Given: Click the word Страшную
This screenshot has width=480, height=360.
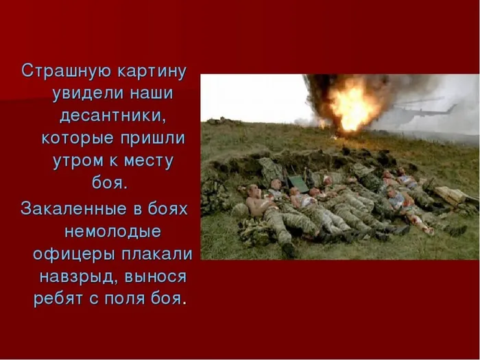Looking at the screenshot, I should click(59, 71).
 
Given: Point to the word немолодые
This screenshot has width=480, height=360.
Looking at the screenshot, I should click(112, 230).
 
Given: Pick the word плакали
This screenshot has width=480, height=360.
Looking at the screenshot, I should click(153, 252).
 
